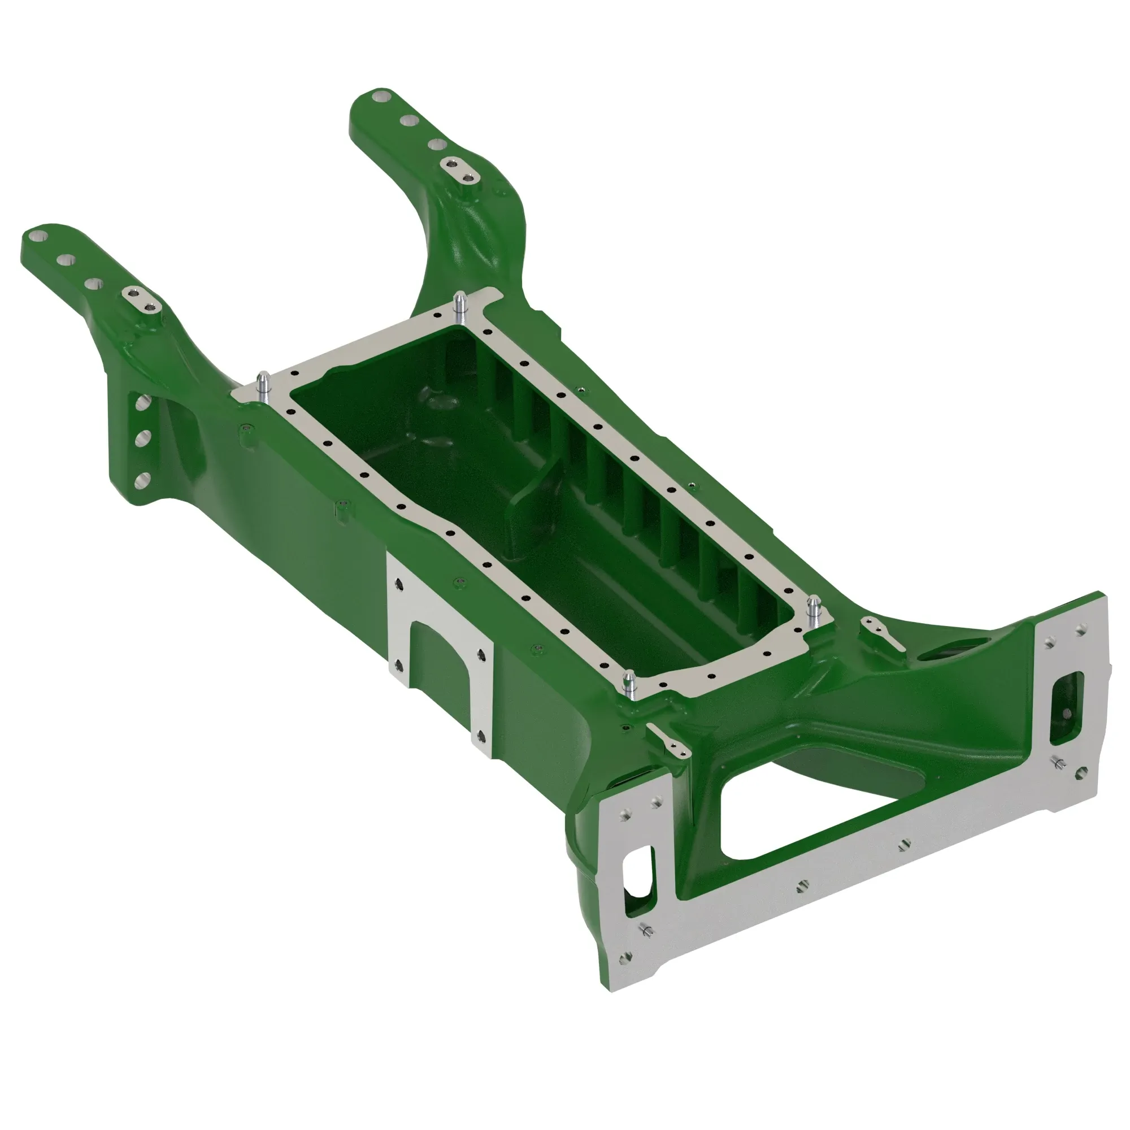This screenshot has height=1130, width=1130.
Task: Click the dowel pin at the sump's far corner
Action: coord(460,306)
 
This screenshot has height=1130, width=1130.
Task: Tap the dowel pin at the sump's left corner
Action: coord(263,385)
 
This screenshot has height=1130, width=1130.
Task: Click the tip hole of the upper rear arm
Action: coord(381,95)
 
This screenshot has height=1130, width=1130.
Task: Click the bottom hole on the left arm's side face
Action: coord(140,481)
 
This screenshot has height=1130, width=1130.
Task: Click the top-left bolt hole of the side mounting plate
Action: coord(399,584)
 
